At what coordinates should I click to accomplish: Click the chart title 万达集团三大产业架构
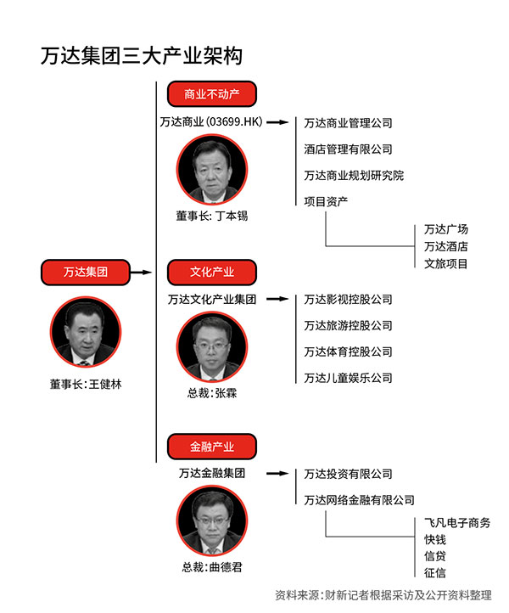click(x=142, y=55)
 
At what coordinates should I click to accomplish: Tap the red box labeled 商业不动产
click(x=212, y=94)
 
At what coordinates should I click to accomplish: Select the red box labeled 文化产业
click(x=212, y=272)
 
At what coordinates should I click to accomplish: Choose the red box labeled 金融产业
click(x=212, y=447)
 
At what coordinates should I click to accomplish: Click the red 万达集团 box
click(x=86, y=272)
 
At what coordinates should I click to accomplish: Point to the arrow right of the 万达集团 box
click(x=141, y=272)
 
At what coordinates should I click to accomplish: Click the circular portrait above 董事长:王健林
click(x=86, y=332)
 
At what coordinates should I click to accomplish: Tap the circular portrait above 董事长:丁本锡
click(x=212, y=170)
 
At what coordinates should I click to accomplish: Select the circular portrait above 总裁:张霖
click(x=212, y=347)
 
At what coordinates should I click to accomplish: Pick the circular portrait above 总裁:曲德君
click(x=212, y=521)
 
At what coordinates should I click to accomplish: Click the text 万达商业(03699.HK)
click(x=211, y=122)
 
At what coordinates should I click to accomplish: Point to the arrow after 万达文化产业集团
click(x=277, y=299)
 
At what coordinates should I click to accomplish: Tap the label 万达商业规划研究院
click(x=354, y=176)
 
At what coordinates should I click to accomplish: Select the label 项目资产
click(x=326, y=202)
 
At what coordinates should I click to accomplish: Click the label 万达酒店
click(x=445, y=247)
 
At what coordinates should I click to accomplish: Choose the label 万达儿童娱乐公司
click(x=348, y=378)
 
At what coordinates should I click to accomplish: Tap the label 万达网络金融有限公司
click(x=359, y=500)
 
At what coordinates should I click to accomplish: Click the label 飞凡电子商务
click(x=457, y=523)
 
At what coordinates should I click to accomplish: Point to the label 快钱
click(x=435, y=539)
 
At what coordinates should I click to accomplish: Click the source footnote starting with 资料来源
click(x=383, y=595)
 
